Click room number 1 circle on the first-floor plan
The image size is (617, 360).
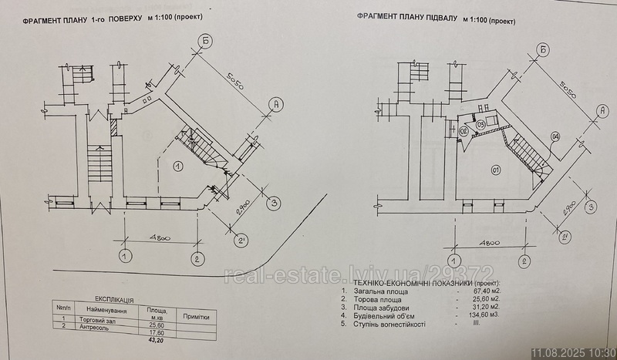pos(177,164)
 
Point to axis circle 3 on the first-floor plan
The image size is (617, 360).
pos(271,203)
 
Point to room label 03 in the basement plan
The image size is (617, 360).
pos(480,125)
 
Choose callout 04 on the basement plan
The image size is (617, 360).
pos(555,138)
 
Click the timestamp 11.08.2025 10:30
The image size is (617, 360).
pos(571,352)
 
